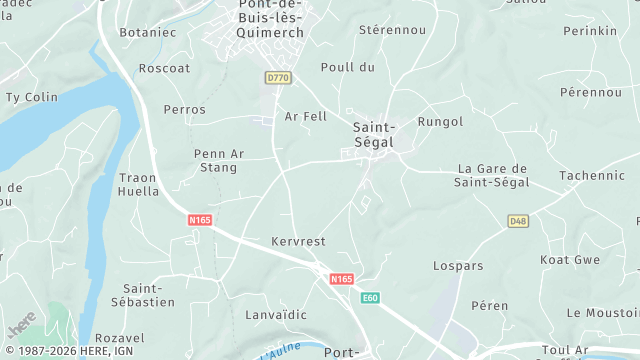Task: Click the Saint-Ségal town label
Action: click(x=375, y=135)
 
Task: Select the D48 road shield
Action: click(x=517, y=221)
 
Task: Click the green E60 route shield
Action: click(x=371, y=298)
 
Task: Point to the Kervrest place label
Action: click(x=298, y=242)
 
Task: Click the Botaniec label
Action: click(x=148, y=32)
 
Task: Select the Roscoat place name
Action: click(x=164, y=69)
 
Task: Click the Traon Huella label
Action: click(x=139, y=184)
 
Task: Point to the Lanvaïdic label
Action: click(x=275, y=315)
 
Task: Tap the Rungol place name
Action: click(x=440, y=122)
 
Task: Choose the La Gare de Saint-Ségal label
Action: click(x=491, y=175)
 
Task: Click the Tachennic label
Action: click(x=591, y=175)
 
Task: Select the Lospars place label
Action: click(x=458, y=266)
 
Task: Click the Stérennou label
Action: click(x=392, y=30)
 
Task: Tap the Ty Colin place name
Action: click(x=32, y=97)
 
